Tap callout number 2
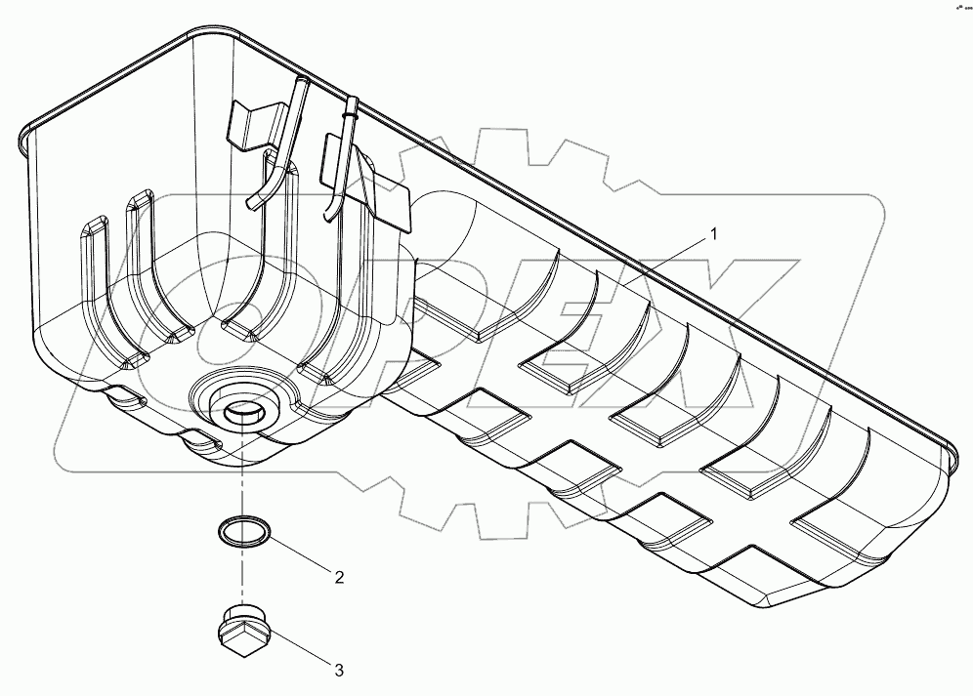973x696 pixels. click(339, 577)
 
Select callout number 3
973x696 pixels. click(338, 670)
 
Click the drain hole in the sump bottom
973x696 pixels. click(239, 414)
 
